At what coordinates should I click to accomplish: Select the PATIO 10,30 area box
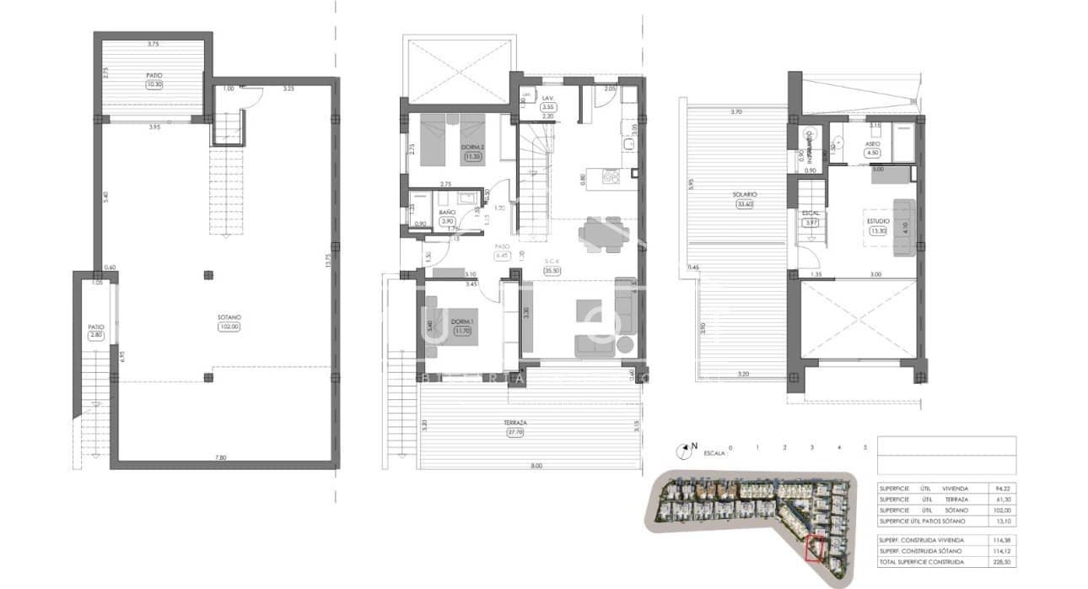pos(154,84)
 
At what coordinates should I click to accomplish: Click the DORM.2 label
pos(471,147)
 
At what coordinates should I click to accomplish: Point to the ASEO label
pos(872,144)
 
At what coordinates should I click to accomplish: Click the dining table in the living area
pos(603,234)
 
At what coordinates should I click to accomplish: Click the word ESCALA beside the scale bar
pos(714,453)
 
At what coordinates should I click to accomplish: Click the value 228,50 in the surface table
pos(1001,562)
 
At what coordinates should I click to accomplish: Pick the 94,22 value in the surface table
pos(1001,488)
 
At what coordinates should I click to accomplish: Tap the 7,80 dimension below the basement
pos(221,457)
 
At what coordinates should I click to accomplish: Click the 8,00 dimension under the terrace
pos(537,465)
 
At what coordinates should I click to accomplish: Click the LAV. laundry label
pos(547,99)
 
